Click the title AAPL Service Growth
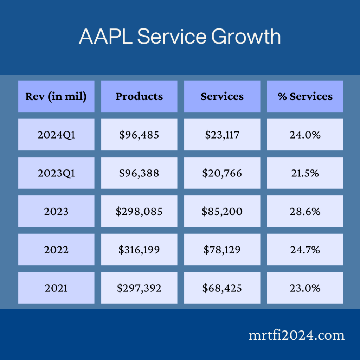[x=180, y=37]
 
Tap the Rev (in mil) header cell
[x=56, y=96]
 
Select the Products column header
[x=139, y=96]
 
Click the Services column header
[x=222, y=96]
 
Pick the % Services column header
[x=305, y=96]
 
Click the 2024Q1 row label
[x=56, y=135]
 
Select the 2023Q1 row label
[x=56, y=173]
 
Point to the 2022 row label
[x=56, y=250]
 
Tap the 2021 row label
[x=56, y=288]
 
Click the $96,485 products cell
[x=139, y=135]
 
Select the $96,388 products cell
[x=139, y=173]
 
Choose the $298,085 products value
[x=139, y=211]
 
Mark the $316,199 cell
[x=139, y=250]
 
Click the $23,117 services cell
[x=222, y=135]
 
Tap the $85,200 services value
[x=222, y=211]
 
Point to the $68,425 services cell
[x=222, y=288]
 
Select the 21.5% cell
[x=305, y=173]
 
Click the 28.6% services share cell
[x=305, y=211]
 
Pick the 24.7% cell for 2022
[x=305, y=250]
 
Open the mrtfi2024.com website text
[x=296, y=335]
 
